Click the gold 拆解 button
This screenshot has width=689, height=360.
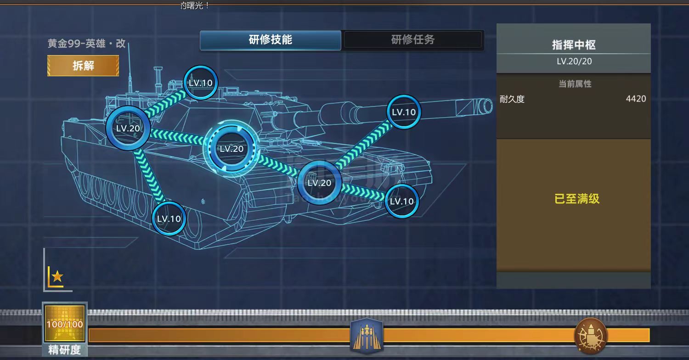(83, 66)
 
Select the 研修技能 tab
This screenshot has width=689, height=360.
(271, 40)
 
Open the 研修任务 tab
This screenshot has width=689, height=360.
(413, 40)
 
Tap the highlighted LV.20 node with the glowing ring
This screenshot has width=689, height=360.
(232, 149)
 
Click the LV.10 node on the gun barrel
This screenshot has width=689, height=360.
(403, 112)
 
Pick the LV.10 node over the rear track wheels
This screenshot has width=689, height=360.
(169, 219)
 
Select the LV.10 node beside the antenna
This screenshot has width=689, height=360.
(200, 83)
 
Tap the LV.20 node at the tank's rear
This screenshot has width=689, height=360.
(128, 129)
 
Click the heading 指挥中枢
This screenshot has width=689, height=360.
(574, 45)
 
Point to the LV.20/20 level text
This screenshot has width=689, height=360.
(574, 61)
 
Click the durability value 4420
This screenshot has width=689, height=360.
(636, 99)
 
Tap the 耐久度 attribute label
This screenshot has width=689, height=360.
(512, 99)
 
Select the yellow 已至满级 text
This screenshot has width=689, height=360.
(577, 199)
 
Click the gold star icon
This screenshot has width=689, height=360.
(57, 276)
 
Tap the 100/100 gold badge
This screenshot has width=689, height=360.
(65, 324)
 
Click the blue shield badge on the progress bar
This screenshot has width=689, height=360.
(367, 335)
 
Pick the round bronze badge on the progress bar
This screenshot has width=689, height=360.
(591, 335)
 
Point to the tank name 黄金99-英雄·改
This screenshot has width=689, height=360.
(87, 44)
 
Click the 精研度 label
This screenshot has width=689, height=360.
(65, 350)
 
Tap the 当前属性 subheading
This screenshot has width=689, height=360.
(575, 84)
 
